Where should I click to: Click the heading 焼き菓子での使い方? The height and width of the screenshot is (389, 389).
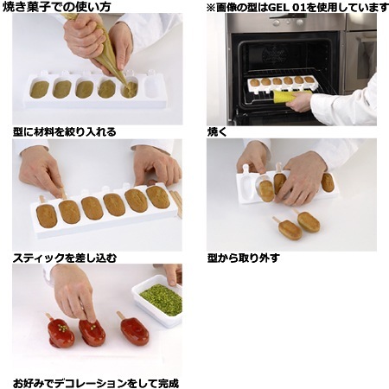(57, 7)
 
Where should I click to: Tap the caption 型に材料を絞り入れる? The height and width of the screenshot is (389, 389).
(65, 132)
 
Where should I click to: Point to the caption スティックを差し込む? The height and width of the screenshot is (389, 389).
(65, 258)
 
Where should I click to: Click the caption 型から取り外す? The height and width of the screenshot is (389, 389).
(244, 258)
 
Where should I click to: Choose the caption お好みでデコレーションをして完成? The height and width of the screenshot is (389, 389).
(96, 383)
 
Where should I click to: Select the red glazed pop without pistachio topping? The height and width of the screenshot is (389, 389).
(135, 331)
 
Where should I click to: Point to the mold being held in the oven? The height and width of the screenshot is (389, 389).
(280, 84)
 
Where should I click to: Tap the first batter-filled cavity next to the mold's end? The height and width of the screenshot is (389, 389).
(39, 89)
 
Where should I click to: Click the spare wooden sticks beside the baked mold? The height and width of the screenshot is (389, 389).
(176, 203)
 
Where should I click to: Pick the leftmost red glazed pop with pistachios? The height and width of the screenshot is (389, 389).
(61, 333)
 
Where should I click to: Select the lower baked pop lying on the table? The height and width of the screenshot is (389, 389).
(290, 230)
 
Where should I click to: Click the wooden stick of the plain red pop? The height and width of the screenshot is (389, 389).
(121, 316)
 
